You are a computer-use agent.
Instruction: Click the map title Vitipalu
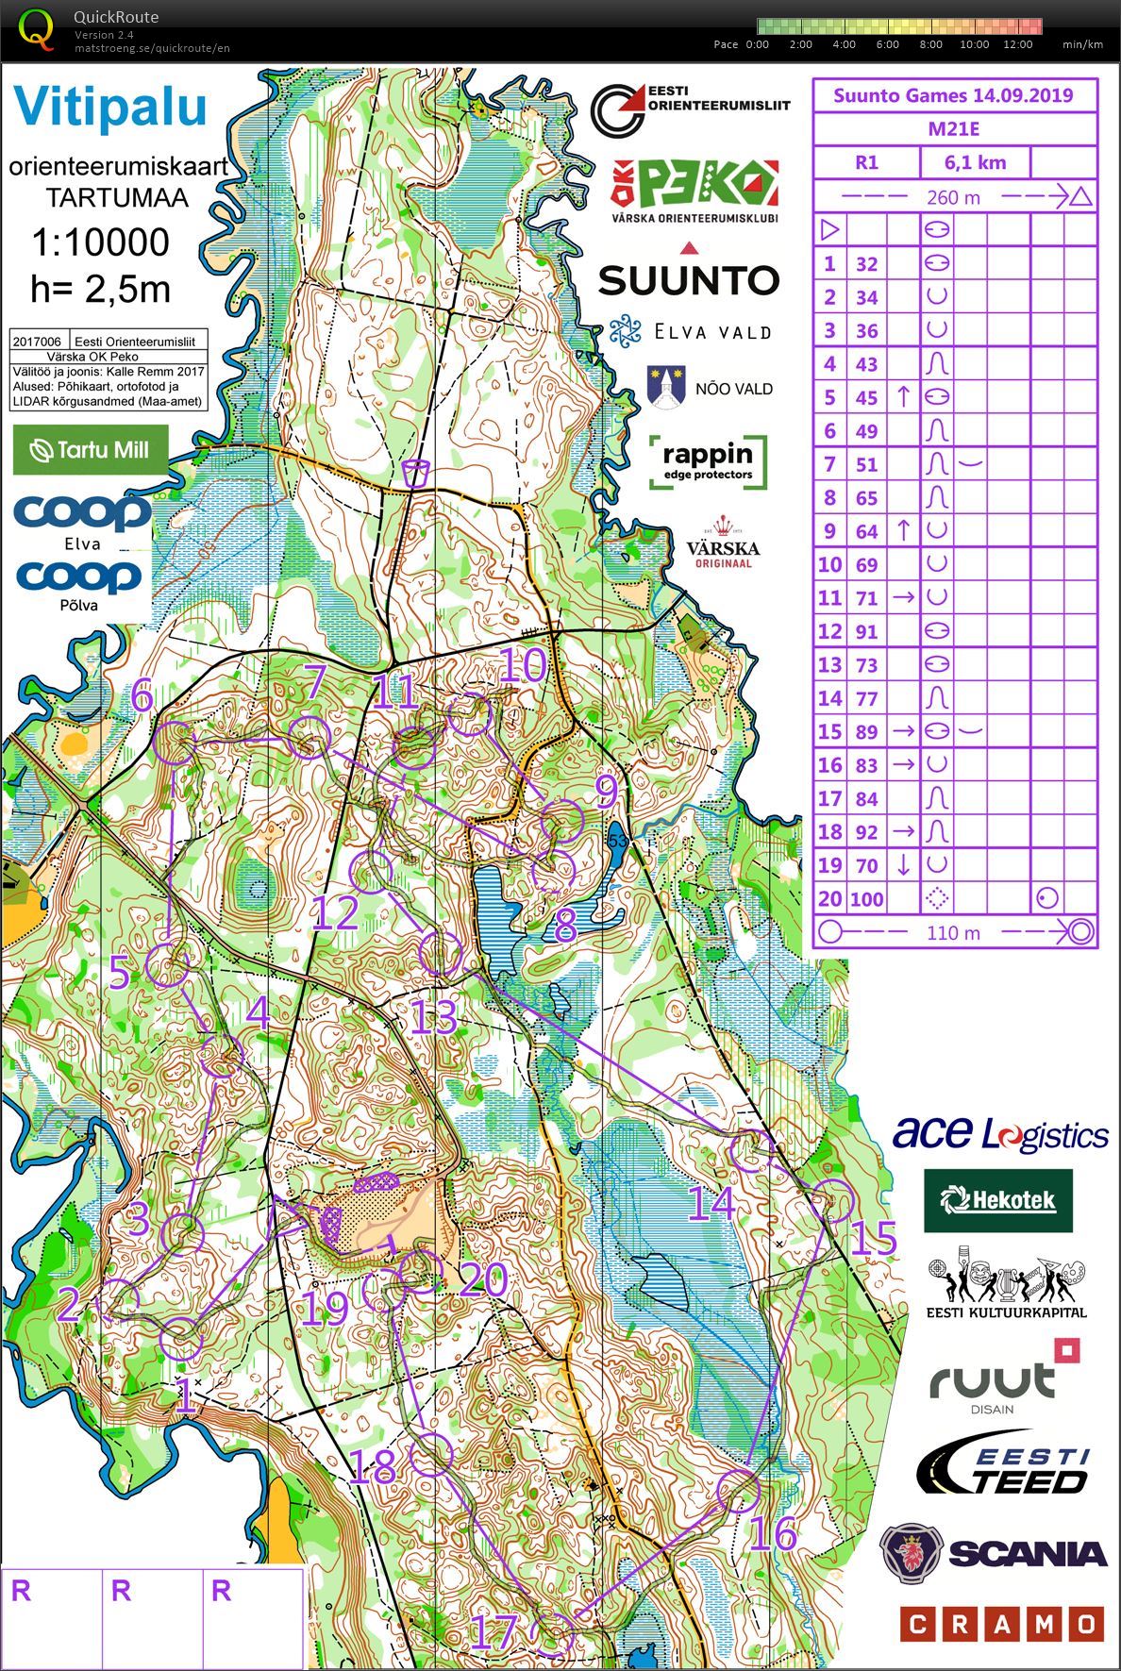(109, 106)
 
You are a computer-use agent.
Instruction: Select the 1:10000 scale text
(100, 242)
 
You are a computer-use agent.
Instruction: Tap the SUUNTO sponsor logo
(689, 279)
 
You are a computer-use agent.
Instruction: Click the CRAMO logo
(1000, 1625)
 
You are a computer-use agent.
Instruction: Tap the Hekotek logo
(998, 1200)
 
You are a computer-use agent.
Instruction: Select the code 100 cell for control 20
(866, 899)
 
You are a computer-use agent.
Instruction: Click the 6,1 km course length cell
(975, 162)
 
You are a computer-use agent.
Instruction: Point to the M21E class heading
(953, 129)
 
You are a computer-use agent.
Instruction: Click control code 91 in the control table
(866, 631)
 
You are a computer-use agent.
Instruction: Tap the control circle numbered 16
(738, 1492)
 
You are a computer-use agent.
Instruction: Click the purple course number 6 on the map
(142, 697)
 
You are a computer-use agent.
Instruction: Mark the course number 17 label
(494, 1631)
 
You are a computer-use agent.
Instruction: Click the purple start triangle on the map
(282, 1219)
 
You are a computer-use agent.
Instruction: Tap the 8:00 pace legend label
(930, 44)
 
